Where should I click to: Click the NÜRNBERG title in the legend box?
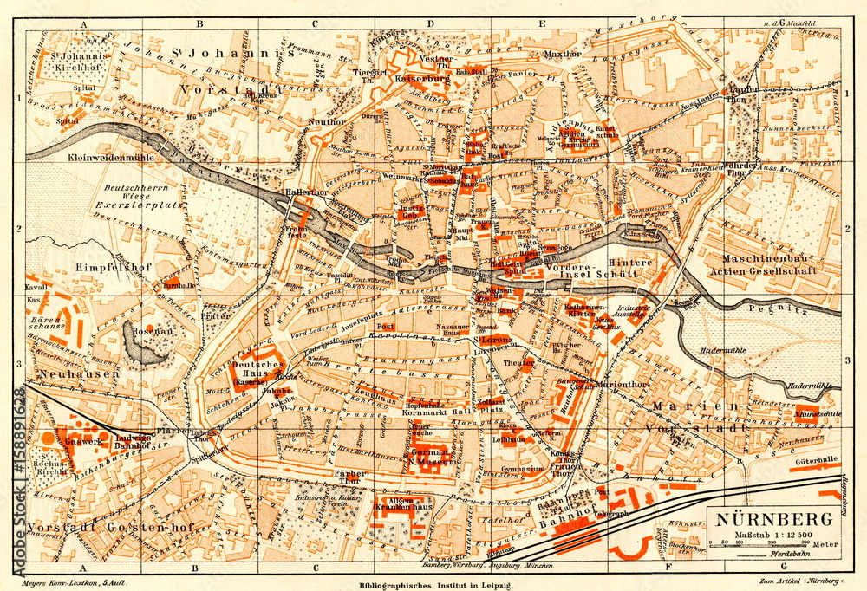point(774,520)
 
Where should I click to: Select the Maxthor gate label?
point(560,53)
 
